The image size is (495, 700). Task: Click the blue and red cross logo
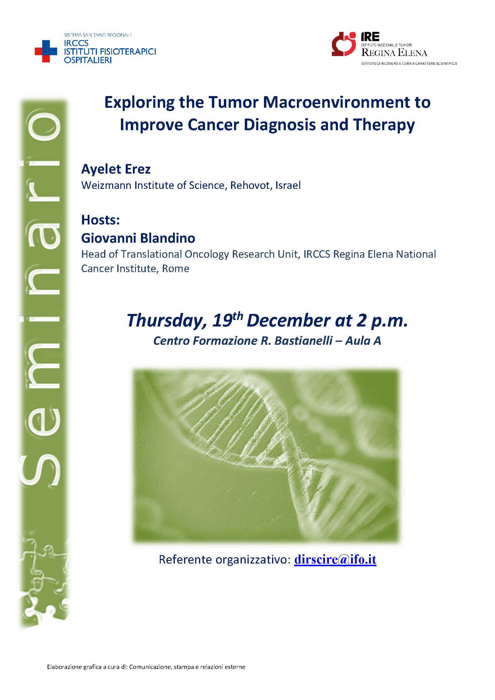pos(46,51)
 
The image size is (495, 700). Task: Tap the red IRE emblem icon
pos(344,44)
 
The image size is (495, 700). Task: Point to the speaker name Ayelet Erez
pos(116,169)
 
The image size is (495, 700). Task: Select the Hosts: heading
pos(101,220)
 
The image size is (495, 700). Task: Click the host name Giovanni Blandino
pos(138,238)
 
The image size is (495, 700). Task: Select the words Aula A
pos(363,341)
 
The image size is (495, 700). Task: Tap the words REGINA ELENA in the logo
pos(394,53)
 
